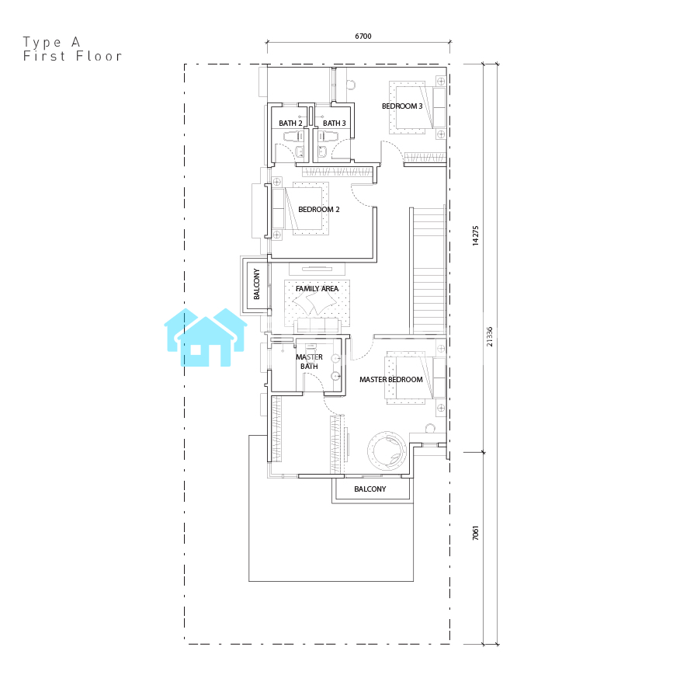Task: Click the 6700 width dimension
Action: [363, 36]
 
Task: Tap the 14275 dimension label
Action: [475, 235]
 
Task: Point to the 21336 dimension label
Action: [489, 336]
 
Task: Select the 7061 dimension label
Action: [475, 533]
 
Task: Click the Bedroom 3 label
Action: [402, 106]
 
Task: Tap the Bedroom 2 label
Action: [319, 209]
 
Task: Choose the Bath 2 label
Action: [290, 124]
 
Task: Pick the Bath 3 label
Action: [335, 124]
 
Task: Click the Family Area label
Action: [317, 289]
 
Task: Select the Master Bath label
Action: [309, 362]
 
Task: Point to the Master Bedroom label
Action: [391, 379]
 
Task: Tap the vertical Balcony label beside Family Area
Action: [256, 284]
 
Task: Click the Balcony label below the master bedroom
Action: [370, 489]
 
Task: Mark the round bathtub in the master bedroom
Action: [387, 451]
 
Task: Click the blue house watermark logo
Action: [206, 337]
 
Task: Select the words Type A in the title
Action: [51, 43]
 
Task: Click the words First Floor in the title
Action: [72, 56]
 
